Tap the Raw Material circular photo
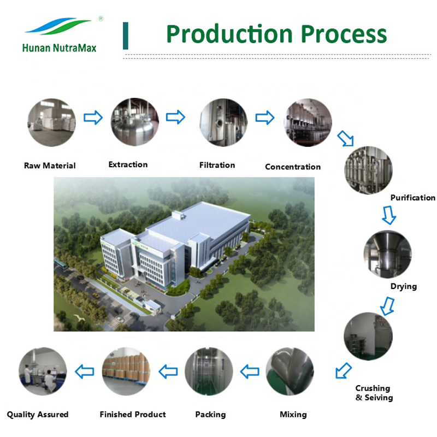point(51,122)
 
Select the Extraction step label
point(128,164)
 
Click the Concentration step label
point(293,167)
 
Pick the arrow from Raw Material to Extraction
point(93,117)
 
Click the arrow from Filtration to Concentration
point(264,117)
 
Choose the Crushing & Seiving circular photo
point(368,336)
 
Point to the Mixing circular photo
point(290,373)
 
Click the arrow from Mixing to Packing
point(250,372)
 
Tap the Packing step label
point(210,415)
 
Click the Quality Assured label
point(38,415)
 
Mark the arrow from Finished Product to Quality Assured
point(84,372)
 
